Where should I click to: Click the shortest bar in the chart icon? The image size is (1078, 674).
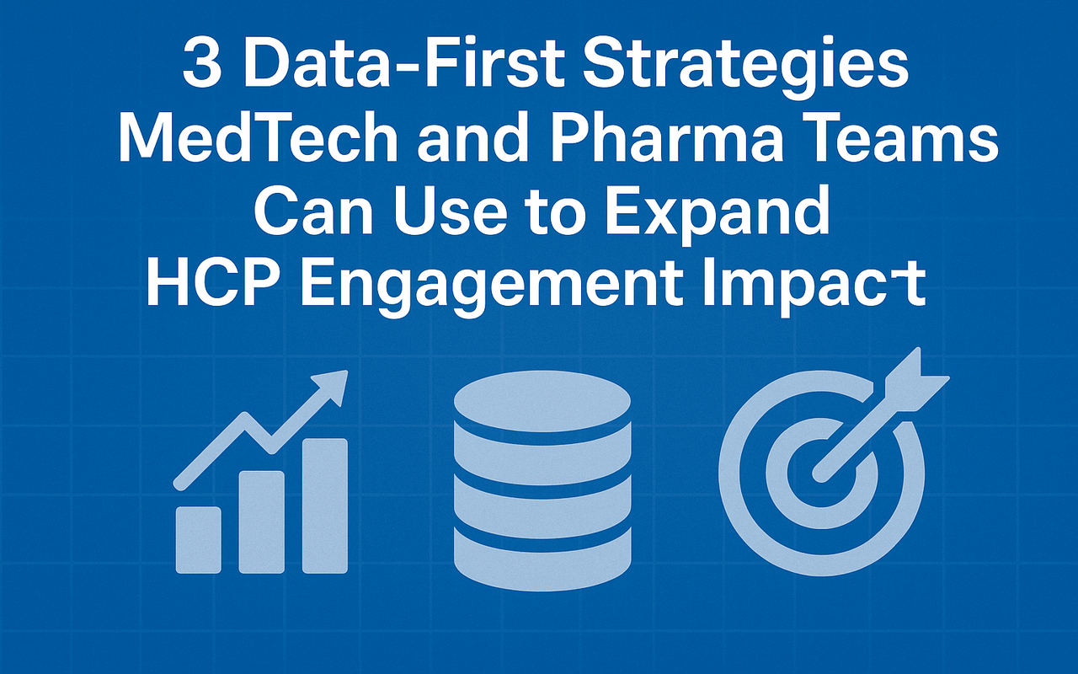198,539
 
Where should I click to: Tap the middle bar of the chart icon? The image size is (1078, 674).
262,521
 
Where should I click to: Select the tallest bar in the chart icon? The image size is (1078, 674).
325,505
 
